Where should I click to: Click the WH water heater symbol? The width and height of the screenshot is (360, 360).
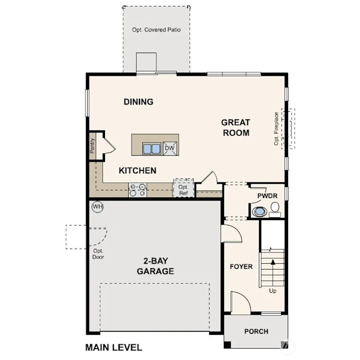(97, 207)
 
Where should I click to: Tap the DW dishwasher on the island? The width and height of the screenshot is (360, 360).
(170, 148)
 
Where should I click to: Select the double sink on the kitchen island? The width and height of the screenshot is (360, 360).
(152, 149)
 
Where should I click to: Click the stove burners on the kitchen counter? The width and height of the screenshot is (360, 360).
(137, 190)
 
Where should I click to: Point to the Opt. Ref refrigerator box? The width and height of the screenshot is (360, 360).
(184, 190)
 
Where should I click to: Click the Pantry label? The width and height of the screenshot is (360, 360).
(92, 146)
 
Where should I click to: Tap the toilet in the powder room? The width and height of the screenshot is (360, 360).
(275, 209)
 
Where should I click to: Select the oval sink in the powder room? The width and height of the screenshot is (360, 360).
(260, 212)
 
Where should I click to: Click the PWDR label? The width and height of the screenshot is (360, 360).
(267, 195)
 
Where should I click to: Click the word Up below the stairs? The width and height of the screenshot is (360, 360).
(272, 291)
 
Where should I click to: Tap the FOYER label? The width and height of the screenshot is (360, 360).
(241, 266)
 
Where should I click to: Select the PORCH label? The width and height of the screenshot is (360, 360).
(256, 331)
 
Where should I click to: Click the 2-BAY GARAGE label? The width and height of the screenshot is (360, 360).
(155, 266)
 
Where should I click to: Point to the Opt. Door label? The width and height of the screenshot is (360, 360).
(98, 254)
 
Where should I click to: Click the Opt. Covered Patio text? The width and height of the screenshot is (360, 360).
(156, 30)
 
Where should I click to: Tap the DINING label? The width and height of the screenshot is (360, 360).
(139, 102)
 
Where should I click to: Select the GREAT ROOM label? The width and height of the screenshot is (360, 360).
(236, 128)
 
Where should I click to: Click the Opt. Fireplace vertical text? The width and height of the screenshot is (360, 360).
(276, 128)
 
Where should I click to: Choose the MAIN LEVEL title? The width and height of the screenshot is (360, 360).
(114, 347)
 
